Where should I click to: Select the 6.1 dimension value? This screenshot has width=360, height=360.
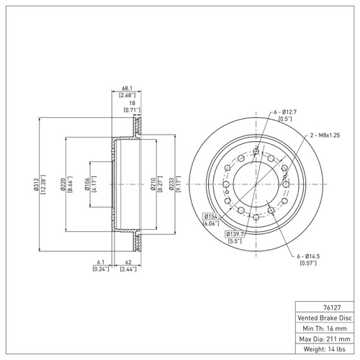100,262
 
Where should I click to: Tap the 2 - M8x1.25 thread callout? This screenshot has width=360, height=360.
324,135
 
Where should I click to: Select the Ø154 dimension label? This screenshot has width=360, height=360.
211,217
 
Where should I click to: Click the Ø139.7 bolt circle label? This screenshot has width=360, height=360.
235,235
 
